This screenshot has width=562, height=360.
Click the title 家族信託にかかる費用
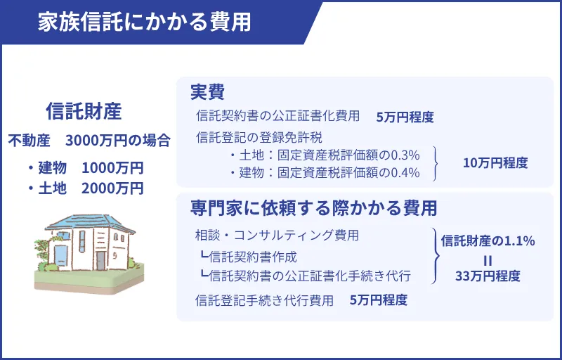[x=145, y=22]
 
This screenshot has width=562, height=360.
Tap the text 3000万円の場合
[x=118, y=141]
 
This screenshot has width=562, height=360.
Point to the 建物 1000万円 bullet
[x=85, y=168]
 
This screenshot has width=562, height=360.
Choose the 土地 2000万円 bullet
[x=85, y=188]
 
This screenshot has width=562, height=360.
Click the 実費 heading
[x=207, y=93]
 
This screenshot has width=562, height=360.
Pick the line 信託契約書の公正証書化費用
[x=278, y=116]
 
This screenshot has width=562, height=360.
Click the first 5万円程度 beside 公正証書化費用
[x=405, y=117]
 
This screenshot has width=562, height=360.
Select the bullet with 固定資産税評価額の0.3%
[x=324, y=155]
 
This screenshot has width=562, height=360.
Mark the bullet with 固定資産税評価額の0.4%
[x=324, y=172]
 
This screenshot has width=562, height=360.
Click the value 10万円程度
[x=495, y=163]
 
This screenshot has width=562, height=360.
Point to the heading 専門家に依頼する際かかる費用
[x=313, y=208]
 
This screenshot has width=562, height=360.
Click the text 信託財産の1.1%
[x=488, y=240]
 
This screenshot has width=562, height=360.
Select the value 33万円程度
[x=488, y=276]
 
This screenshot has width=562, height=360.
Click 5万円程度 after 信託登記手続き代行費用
[x=379, y=300]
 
